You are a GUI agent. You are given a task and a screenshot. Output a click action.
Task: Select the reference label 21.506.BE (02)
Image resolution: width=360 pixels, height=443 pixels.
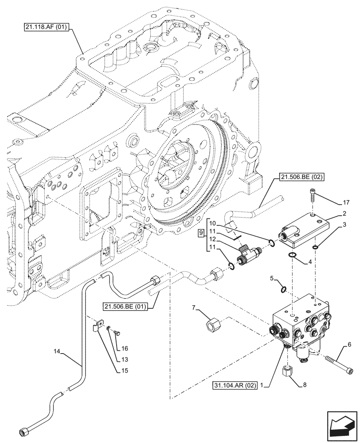coord(302,178)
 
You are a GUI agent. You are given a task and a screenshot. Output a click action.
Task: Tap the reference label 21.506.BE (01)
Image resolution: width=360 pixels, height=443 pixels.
coord(125,306)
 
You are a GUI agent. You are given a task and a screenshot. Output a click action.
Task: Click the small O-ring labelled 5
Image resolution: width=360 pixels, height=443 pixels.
coord(284,289)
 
